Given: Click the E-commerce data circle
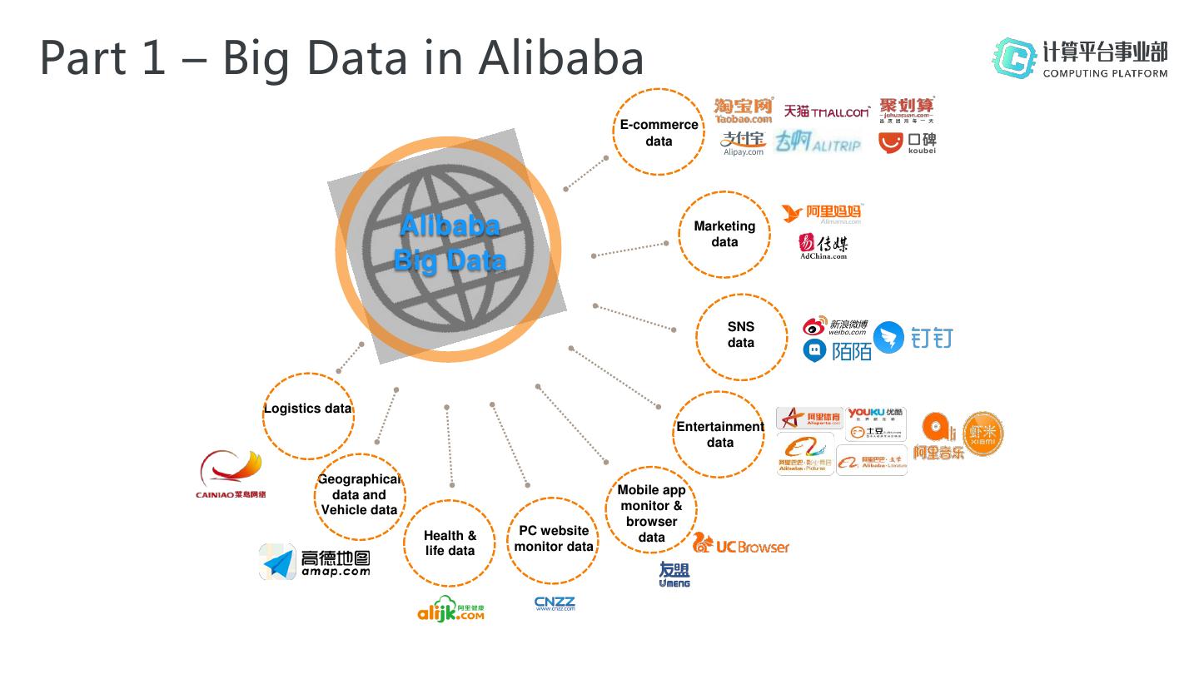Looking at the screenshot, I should [659, 132].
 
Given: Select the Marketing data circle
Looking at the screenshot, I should [724, 234].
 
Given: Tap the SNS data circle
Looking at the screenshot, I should [741, 335].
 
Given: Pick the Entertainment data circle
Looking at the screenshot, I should [719, 434].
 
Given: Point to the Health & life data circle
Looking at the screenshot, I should [450, 543].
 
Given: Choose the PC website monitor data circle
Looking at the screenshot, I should [554, 539].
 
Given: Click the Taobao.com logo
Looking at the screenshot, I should [743, 111].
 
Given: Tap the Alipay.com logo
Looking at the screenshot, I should [744, 143].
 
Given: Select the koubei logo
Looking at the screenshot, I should [908, 143].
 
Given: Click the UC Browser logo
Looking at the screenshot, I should [741, 545].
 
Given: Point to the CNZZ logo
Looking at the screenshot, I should [555, 604].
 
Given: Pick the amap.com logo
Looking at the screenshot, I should [315, 562].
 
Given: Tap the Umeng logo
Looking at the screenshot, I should [674, 574].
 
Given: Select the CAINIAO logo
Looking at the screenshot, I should [231, 474].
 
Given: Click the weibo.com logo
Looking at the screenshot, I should [835, 326].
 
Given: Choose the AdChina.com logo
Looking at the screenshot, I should [823, 246].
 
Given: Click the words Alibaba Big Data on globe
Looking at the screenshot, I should [450, 243].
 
